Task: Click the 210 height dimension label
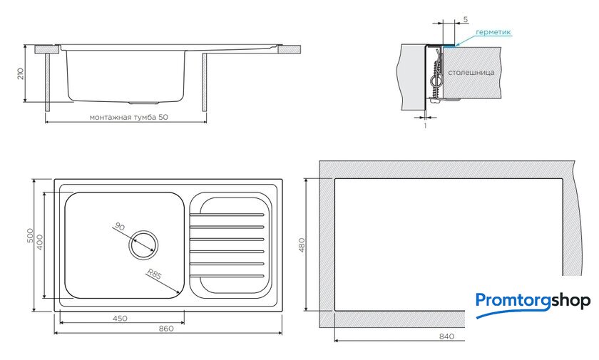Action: coord(21,73)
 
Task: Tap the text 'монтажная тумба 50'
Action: coord(129,117)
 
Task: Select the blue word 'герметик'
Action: coord(493,33)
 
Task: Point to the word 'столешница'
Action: coord(471,72)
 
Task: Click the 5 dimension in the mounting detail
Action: coord(465,19)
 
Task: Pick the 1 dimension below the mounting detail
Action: coord(425,125)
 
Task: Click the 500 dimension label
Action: coord(30,237)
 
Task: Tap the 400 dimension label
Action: coord(39,242)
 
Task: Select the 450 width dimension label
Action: coord(120,319)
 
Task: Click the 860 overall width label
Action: coord(166,329)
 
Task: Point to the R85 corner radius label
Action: coord(154,274)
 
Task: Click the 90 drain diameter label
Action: coord(120,227)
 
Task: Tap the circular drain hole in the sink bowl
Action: coord(143,245)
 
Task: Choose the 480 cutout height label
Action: coord(302,245)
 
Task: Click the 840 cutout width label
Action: coord(446,336)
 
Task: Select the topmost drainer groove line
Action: coord(227,215)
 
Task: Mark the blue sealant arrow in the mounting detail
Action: coord(464,41)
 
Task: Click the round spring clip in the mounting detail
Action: coord(436,81)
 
